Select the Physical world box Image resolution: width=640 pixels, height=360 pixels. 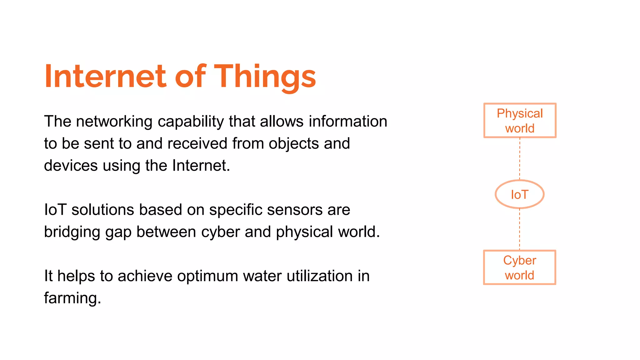(x=520, y=120)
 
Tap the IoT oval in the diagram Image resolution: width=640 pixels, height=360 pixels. (x=519, y=194)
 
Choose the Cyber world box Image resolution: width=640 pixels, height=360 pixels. (x=519, y=267)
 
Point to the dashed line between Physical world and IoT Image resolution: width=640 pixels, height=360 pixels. (x=520, y=158)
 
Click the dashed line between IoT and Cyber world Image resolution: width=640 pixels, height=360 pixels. (x=520, y=229)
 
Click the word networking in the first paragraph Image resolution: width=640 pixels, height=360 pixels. (x=114, y=121)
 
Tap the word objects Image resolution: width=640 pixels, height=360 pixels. (x=293, y=143)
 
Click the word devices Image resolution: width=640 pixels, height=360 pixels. (x=71, y=165)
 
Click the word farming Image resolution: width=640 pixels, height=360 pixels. (x=72, y=298)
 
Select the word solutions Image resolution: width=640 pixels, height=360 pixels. (x=103, y=210)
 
